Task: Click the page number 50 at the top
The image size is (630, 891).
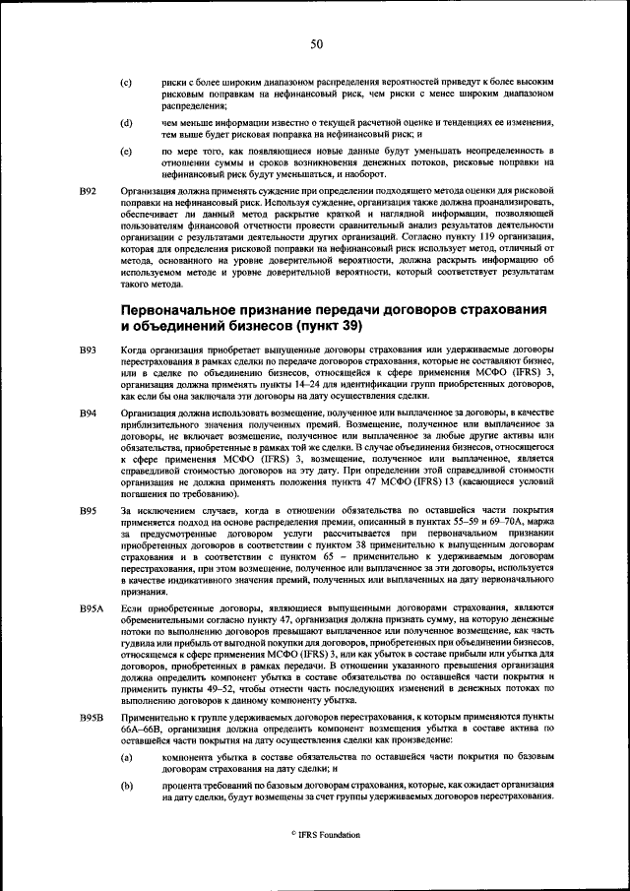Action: coord(316,43)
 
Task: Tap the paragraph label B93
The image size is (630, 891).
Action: coord(88,350)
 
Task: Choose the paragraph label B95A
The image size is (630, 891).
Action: coord(92,609)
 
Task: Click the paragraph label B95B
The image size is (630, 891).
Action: coord(92,719)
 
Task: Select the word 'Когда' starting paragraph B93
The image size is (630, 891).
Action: coord(134,350)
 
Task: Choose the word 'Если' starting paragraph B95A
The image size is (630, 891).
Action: coord(131,609)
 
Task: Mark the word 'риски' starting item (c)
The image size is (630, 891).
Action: coord(175,82)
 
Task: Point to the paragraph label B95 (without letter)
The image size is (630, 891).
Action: coord(88,510)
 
